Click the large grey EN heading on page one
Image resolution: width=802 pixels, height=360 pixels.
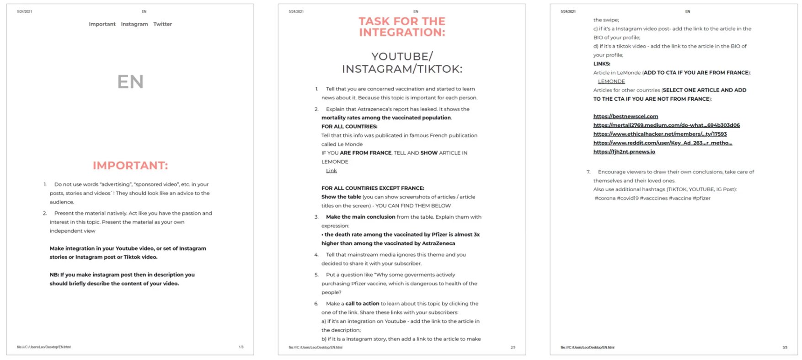(130, 82)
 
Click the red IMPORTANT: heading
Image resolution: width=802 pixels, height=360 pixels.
(130, 166)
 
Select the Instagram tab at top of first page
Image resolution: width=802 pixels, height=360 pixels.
(134, 24)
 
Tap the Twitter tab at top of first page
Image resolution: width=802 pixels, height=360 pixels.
(162, 24)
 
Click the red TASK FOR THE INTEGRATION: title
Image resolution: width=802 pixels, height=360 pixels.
(402, 27)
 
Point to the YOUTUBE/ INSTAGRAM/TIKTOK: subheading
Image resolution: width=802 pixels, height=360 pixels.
(402, 63)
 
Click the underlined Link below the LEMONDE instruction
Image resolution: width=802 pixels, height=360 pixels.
(331, 171)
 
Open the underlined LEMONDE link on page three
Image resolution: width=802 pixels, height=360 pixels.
(611, 81)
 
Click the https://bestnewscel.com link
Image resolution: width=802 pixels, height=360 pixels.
(626, 117)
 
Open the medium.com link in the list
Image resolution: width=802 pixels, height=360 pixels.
(666, 125)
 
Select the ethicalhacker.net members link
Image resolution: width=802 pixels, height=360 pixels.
(660, 134)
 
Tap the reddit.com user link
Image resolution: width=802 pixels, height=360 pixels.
(663, 143)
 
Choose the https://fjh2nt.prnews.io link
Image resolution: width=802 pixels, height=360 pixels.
(624, 152)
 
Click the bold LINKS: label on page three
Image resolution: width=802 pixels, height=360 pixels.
(602, 64)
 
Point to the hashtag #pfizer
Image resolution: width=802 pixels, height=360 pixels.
(701, 199)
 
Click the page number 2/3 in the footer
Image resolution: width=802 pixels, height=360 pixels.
(513, 348)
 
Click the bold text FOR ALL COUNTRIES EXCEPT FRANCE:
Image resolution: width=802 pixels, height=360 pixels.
(373, 188)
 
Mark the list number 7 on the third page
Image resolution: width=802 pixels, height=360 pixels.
(588, 172)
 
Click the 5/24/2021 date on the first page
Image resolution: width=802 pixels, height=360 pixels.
(25, 11)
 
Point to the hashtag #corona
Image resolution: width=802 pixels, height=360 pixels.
(605, 199)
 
